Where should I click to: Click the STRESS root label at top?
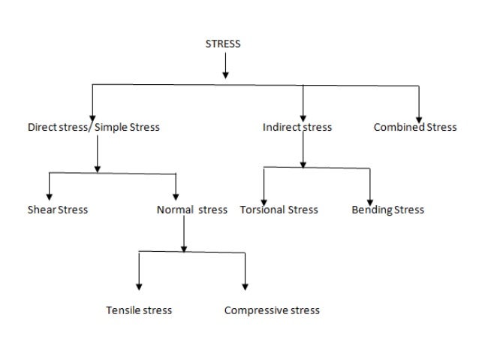(x=223, y=44)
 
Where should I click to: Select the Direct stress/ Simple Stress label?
(x=94, y=128)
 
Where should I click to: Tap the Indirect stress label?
(x=297, y=128)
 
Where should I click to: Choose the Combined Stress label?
(x=415, y=128)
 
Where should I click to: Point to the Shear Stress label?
(x=58, y=210)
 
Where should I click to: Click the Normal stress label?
(x=191, y=210)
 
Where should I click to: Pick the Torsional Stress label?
(x=279, y=210)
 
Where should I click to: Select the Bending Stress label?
(x=387, y=210)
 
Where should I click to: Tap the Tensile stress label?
(x=139, y=310)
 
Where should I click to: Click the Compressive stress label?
(x=272, y=310)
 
